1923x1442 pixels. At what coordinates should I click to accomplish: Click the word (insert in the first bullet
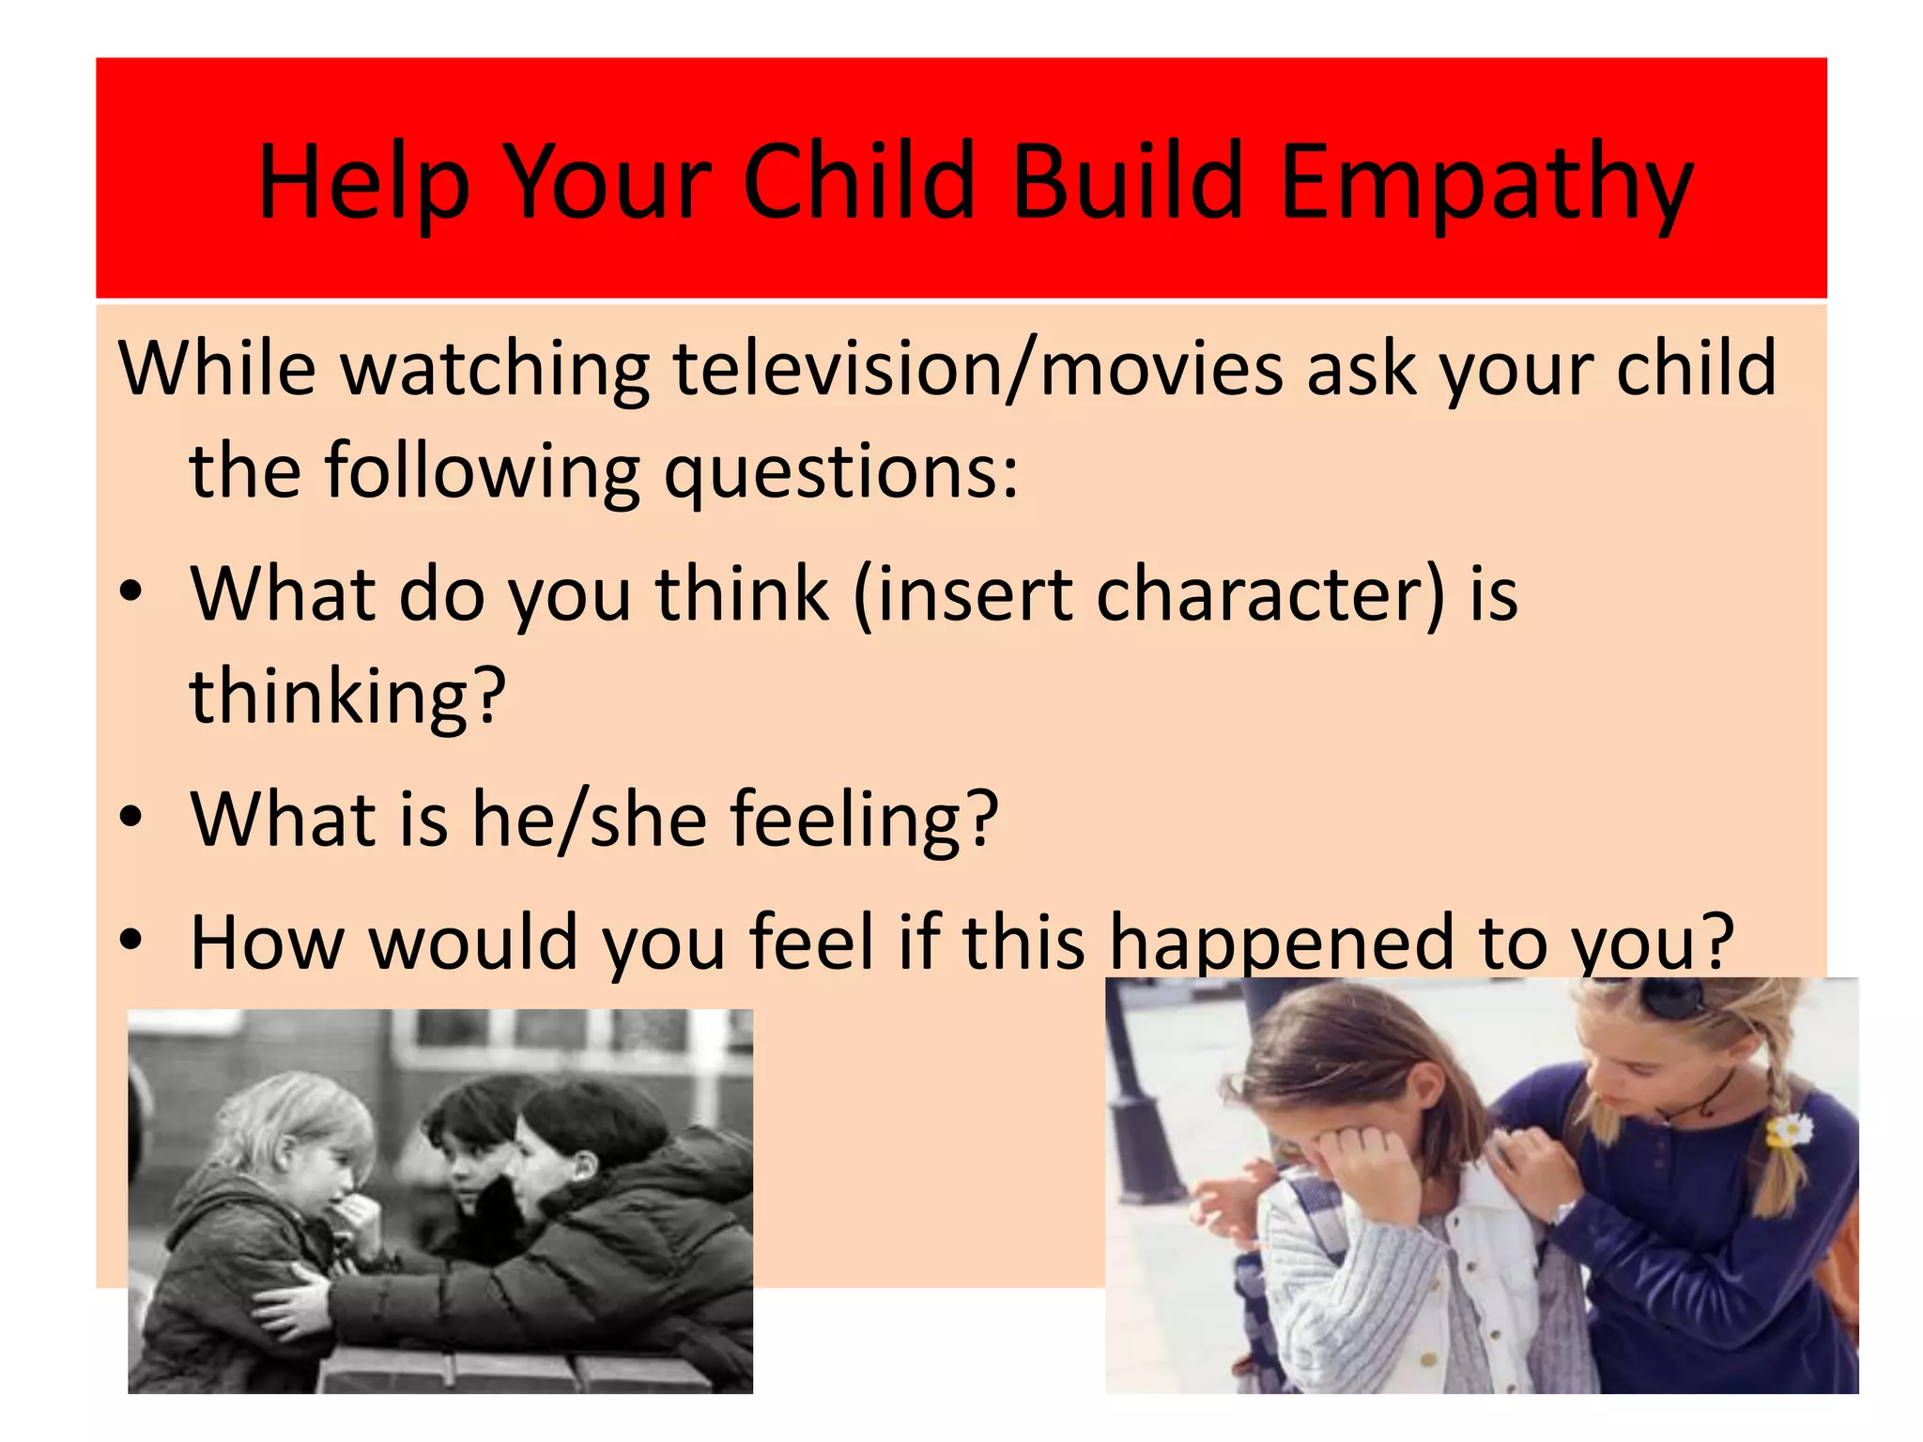click(962, 594)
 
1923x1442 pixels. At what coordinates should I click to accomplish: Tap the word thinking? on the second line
click(347, 697)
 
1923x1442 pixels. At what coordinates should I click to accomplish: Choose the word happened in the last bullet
click(1281, 942)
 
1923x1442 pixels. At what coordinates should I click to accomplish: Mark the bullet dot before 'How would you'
click(131, 938)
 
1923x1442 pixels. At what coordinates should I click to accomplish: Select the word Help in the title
click(363, 183)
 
